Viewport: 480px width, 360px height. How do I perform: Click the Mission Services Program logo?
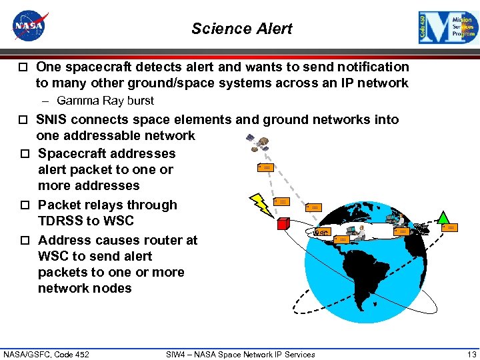pyautogui.click(x=447, y=28)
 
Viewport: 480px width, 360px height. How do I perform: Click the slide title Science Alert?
pyautogui.click(x=241, y=29)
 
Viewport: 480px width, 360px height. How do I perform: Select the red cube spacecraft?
pyautogui.click(x=283, y=223)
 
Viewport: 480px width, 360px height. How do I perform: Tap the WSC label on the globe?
pyautogui.click(x=321, y=232)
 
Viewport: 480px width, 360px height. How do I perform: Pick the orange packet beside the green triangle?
pyautogui.click(x=450, y=227)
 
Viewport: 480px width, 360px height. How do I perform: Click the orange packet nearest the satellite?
pyautogui.click(x=265, y=167)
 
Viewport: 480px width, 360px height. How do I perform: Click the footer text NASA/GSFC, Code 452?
pyautogui.click(x=46, y=354)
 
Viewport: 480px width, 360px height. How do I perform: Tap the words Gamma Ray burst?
pyautogui.click(x=105, y=101)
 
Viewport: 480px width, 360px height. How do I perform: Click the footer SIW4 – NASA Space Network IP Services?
pyautogui.click(x=240, y=354)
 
